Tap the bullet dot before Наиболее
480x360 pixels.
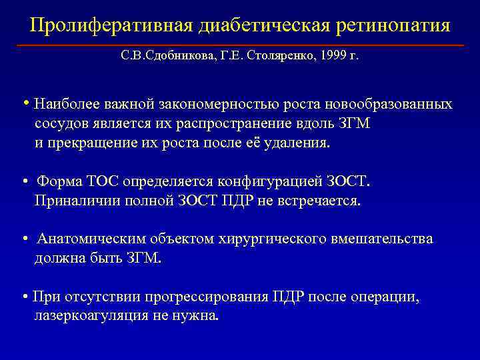point(25,104)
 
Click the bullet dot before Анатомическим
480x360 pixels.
point(25,239)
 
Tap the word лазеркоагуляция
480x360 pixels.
point(93,316)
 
